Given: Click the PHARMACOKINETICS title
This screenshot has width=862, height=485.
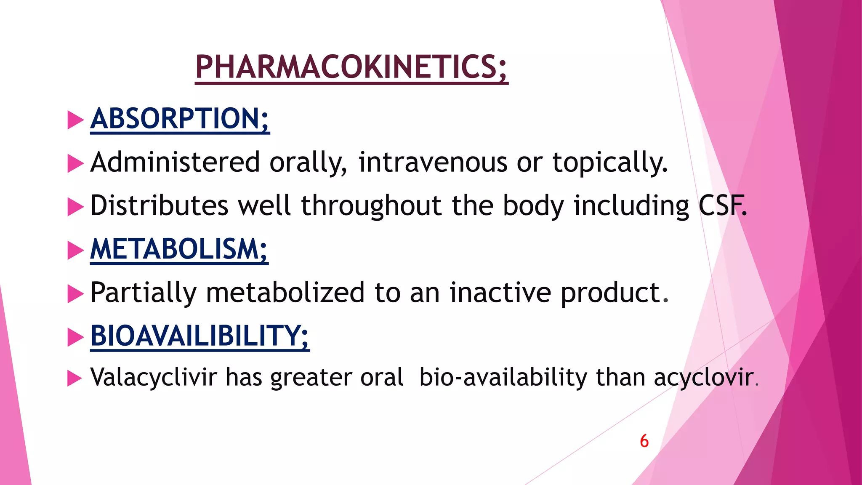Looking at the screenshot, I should [x=351, y=67].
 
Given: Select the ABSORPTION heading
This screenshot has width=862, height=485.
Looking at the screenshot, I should [x=180, y=119].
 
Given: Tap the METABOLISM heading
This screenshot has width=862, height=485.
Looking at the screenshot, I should [x=179, y=249].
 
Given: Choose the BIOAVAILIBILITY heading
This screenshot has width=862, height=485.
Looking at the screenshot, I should [x=200, y=336].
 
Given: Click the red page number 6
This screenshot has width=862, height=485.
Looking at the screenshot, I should [x=644, y=441].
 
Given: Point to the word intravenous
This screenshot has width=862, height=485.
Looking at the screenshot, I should [x=433, y=163].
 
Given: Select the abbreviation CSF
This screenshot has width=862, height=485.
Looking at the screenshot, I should [x=722, y=206].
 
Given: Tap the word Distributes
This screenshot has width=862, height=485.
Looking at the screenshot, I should [x=159, y=206].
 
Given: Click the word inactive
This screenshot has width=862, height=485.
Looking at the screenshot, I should [x=500, y=293].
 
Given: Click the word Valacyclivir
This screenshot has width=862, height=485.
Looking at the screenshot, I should [x=154, y=377].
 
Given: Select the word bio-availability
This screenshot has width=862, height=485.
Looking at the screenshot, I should [x=503, y=377].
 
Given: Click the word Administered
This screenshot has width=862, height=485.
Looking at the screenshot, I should [x=175, y=163].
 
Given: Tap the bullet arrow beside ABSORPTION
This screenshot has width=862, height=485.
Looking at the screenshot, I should [x=75, y=120].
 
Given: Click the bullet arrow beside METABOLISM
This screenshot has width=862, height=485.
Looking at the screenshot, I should [x=75, y=250].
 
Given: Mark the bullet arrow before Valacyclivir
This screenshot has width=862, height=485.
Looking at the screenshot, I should [x=74, y=378].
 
